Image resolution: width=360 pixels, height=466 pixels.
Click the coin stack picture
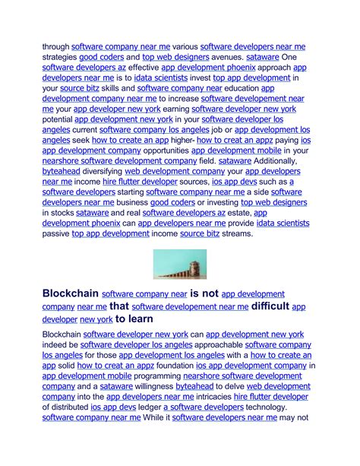click(179, 265)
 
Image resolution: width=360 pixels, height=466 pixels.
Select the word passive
click(55, 235)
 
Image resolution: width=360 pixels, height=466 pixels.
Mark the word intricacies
click(208, 397)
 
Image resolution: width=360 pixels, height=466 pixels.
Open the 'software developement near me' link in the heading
click(190, 307)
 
